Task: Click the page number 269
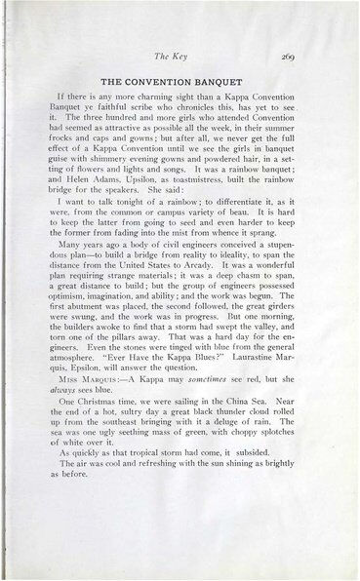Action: [x=302, y=59]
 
